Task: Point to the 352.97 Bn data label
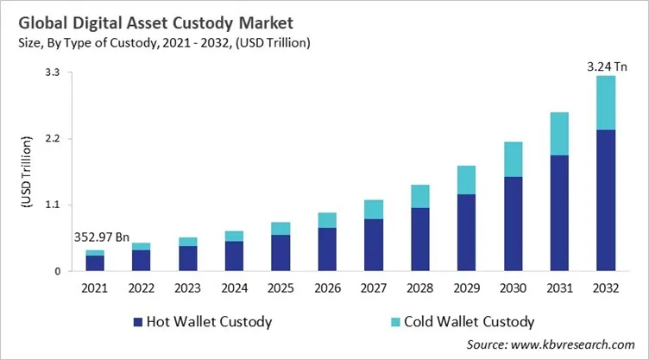tap(96, 237)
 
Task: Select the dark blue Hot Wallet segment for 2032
tap(607, 200)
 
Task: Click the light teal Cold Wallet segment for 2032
tap(607, 103)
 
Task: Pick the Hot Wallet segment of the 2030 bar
tap(514, 224)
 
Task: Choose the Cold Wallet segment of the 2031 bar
tap(560, 134)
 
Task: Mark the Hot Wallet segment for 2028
tap(420, 239)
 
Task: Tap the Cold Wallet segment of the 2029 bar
tap(467, 180)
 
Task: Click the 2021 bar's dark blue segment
tap(95, 263)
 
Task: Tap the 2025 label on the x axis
tap(280, 287)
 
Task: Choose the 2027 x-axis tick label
tap(374, 287)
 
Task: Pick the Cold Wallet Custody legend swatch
tap(396, 322)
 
